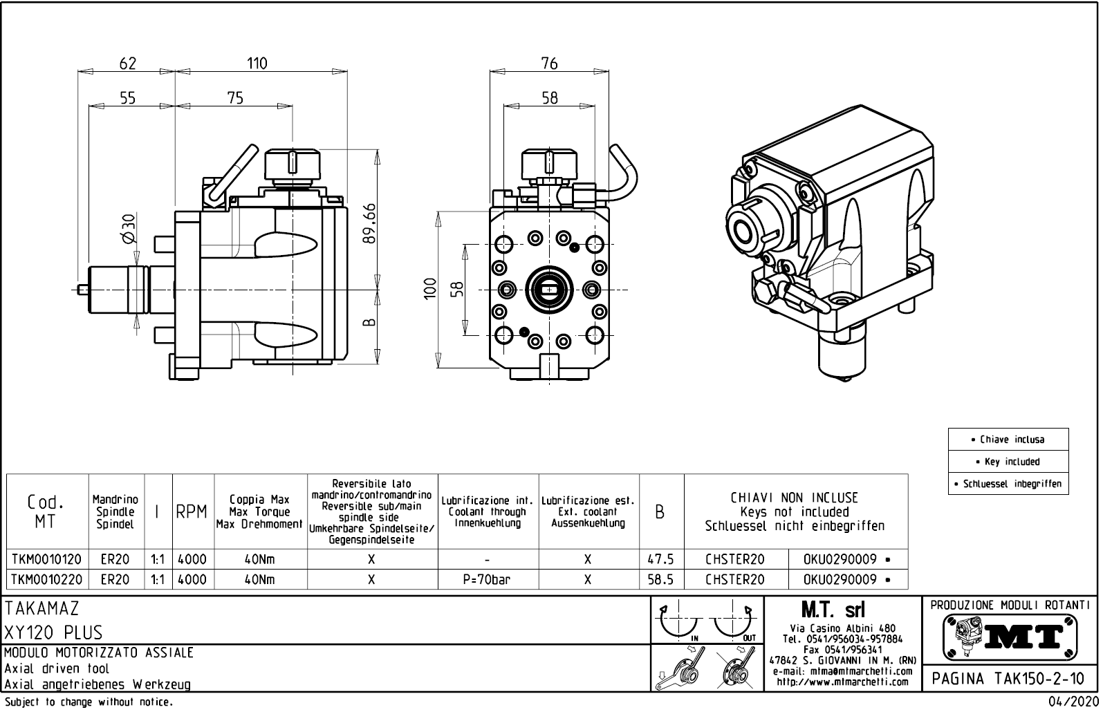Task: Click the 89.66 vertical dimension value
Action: point(370,223)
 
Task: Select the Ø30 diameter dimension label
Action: point(129,228)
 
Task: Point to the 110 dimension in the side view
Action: point(257,63)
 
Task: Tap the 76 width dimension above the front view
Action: point(549,63)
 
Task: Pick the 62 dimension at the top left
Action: point(128,63)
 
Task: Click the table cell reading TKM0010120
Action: point(46,559)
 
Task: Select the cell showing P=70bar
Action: point(487,579)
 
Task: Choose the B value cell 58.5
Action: point(660,579)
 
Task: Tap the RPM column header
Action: point(192,512)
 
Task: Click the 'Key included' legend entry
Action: point(1008,462)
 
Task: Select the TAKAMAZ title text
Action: point(42,609)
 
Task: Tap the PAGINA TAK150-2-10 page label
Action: point(1010,679)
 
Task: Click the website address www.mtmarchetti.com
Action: point(842,682)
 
